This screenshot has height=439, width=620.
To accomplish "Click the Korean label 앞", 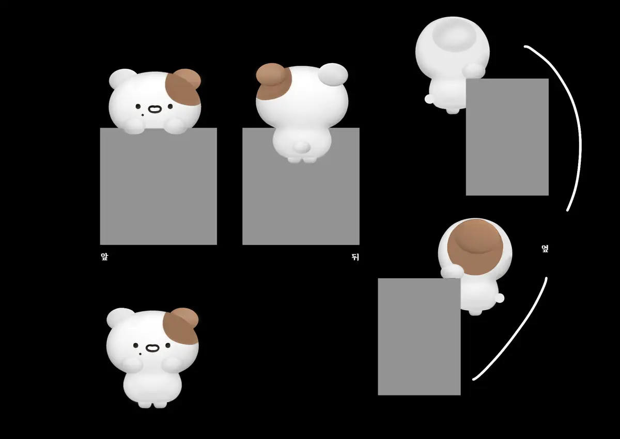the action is [104, 256].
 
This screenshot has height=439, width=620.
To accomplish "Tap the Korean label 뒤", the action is [355, 257].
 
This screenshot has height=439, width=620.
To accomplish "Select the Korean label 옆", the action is [545, 248].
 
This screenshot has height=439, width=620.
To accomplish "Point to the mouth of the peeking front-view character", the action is [154, 109].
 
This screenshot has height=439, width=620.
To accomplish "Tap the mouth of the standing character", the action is [152, 348].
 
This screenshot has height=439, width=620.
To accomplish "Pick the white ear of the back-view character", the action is [333, 74].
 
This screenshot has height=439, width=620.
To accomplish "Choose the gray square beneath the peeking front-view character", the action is [158, 186].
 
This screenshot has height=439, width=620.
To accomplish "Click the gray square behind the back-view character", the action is [301, 186].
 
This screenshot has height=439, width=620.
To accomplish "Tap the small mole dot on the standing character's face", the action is [141, 354].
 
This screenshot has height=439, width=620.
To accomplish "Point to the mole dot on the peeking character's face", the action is [143, 115].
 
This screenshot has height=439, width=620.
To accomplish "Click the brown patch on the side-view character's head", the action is [475, 247].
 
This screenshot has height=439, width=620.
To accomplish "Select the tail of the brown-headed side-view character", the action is [499, 298].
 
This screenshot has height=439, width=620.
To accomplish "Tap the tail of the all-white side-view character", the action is [429, 99].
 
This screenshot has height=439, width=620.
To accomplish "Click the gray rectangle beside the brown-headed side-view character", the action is [419, 337].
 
